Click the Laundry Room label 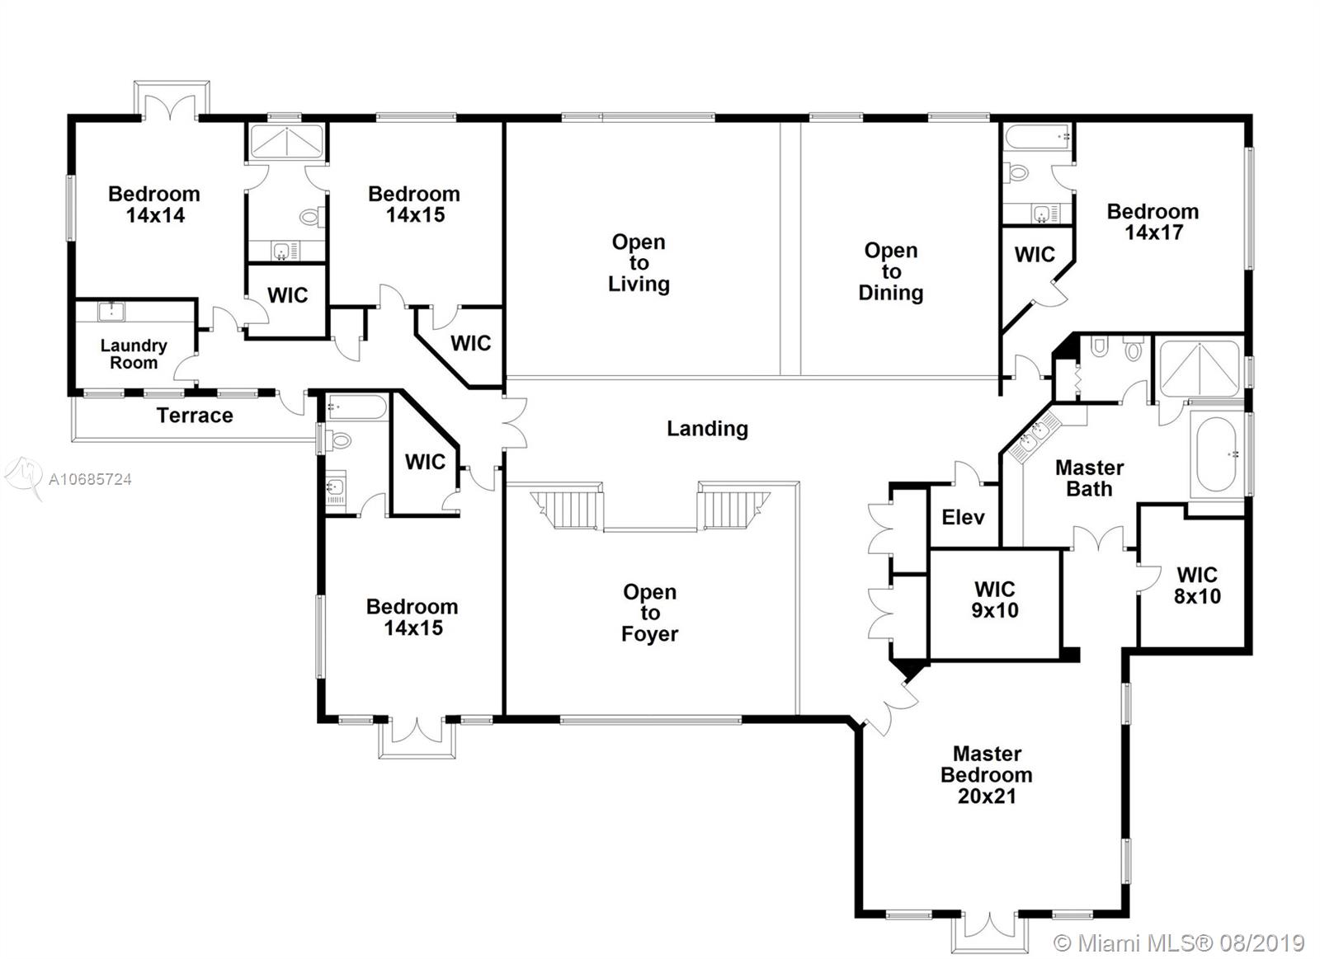[134, 354]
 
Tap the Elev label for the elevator [963, 517]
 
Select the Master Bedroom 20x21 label [987, 774]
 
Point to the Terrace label [195, 416]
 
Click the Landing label [707, 428]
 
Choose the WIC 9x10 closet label [995, 599]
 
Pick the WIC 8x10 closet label [1197, 585]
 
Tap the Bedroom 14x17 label [1153, 222]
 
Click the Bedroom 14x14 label [154, 204]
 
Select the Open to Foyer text [650, 613]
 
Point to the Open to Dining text [891, 271]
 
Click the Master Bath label [1090, 477]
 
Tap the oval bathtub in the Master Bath [1216, 454]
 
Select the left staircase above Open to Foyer [568, 509]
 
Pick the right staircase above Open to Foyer [733, 509]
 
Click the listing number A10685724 [90, 480]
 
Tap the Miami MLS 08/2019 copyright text [1179, 943]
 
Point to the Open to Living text [639, 263]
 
